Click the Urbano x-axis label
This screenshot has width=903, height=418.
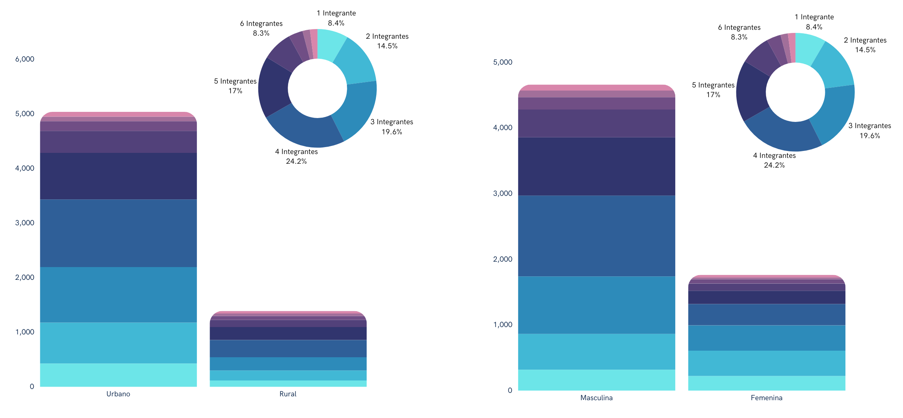pos(118,394)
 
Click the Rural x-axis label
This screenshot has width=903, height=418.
pos(288,394)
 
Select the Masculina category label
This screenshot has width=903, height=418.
pos(596,397)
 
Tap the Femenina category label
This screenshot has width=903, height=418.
pos(766,397)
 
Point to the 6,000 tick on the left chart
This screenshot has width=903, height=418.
pos(25,59)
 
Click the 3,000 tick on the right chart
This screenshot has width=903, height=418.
pos(502,193)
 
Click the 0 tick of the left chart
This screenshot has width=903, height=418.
pos(32,386)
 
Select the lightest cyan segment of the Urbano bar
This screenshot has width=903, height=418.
pos(118,375)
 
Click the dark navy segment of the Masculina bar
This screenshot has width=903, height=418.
pos(596,166)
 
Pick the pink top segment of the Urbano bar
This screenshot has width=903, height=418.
pos(118,115)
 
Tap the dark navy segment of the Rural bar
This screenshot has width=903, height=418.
pos(288,333)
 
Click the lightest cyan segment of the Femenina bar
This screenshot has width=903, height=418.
pos(766,383)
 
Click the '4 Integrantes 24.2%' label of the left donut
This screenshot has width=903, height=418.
pos(296,156)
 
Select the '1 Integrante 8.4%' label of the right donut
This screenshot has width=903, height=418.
pos(814,22)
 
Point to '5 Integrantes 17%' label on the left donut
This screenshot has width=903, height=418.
pos(235,86)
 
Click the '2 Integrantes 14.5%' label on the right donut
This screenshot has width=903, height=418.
pos(865,45)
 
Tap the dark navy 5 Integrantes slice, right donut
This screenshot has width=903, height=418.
pos(752,91)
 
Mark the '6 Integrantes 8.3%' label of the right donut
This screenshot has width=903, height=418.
pos(739,32)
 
